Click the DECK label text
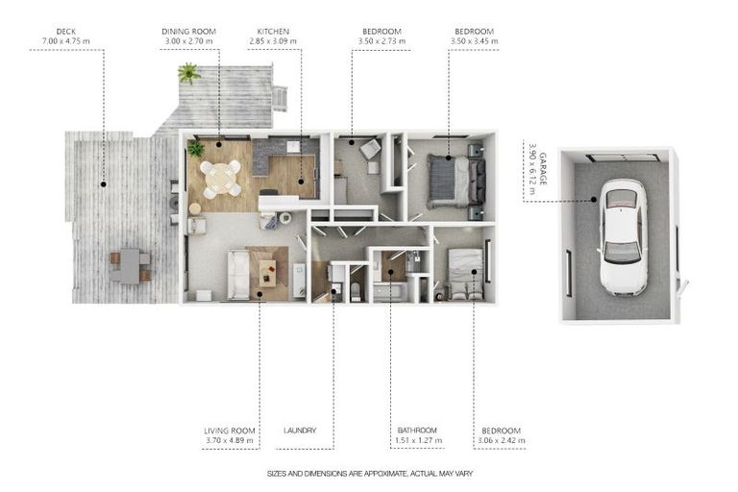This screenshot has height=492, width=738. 66,32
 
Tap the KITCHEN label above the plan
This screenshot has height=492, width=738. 273,32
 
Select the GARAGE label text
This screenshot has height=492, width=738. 543,168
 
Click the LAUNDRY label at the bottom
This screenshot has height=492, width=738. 300,430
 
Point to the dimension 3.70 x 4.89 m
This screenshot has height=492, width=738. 230,441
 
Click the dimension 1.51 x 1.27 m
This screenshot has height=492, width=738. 418,441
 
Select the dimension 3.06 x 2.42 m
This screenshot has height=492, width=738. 502,441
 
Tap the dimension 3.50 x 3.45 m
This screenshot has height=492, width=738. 474,41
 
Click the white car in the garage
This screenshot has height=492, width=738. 623,236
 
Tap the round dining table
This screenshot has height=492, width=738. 221,178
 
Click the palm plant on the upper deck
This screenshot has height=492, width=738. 188,73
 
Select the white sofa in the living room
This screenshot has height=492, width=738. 238,275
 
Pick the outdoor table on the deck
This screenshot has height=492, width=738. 130,266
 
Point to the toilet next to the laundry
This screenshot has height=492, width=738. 356,292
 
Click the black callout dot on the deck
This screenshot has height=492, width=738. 103,184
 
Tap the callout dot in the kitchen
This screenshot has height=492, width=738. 301,182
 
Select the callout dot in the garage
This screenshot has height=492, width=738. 594,200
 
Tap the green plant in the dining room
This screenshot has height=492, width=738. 196,149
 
